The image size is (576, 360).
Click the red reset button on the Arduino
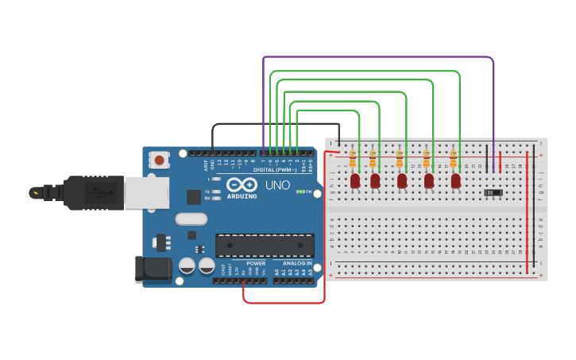point(160,161)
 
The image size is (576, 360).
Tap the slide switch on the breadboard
point(493,192)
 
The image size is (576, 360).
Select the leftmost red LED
point(355,181)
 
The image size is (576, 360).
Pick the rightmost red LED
point(455,181)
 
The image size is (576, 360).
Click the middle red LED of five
point(402,181)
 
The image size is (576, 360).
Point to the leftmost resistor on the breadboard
point(352,160)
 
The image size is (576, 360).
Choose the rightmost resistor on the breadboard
point(453,160)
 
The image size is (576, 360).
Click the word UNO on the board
point(277,184)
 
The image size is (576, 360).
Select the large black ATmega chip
point(265,246)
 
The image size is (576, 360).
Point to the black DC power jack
point(153,269)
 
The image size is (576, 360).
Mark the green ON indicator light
point(300,192)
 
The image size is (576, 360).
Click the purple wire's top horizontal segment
point(378,57)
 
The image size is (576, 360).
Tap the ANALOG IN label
point(298,263)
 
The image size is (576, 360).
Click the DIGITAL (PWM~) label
point(275,169)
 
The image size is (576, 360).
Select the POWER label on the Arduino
point(256,263)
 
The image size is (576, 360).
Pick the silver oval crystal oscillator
point(191,219)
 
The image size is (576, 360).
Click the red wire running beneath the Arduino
point(284,303)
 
